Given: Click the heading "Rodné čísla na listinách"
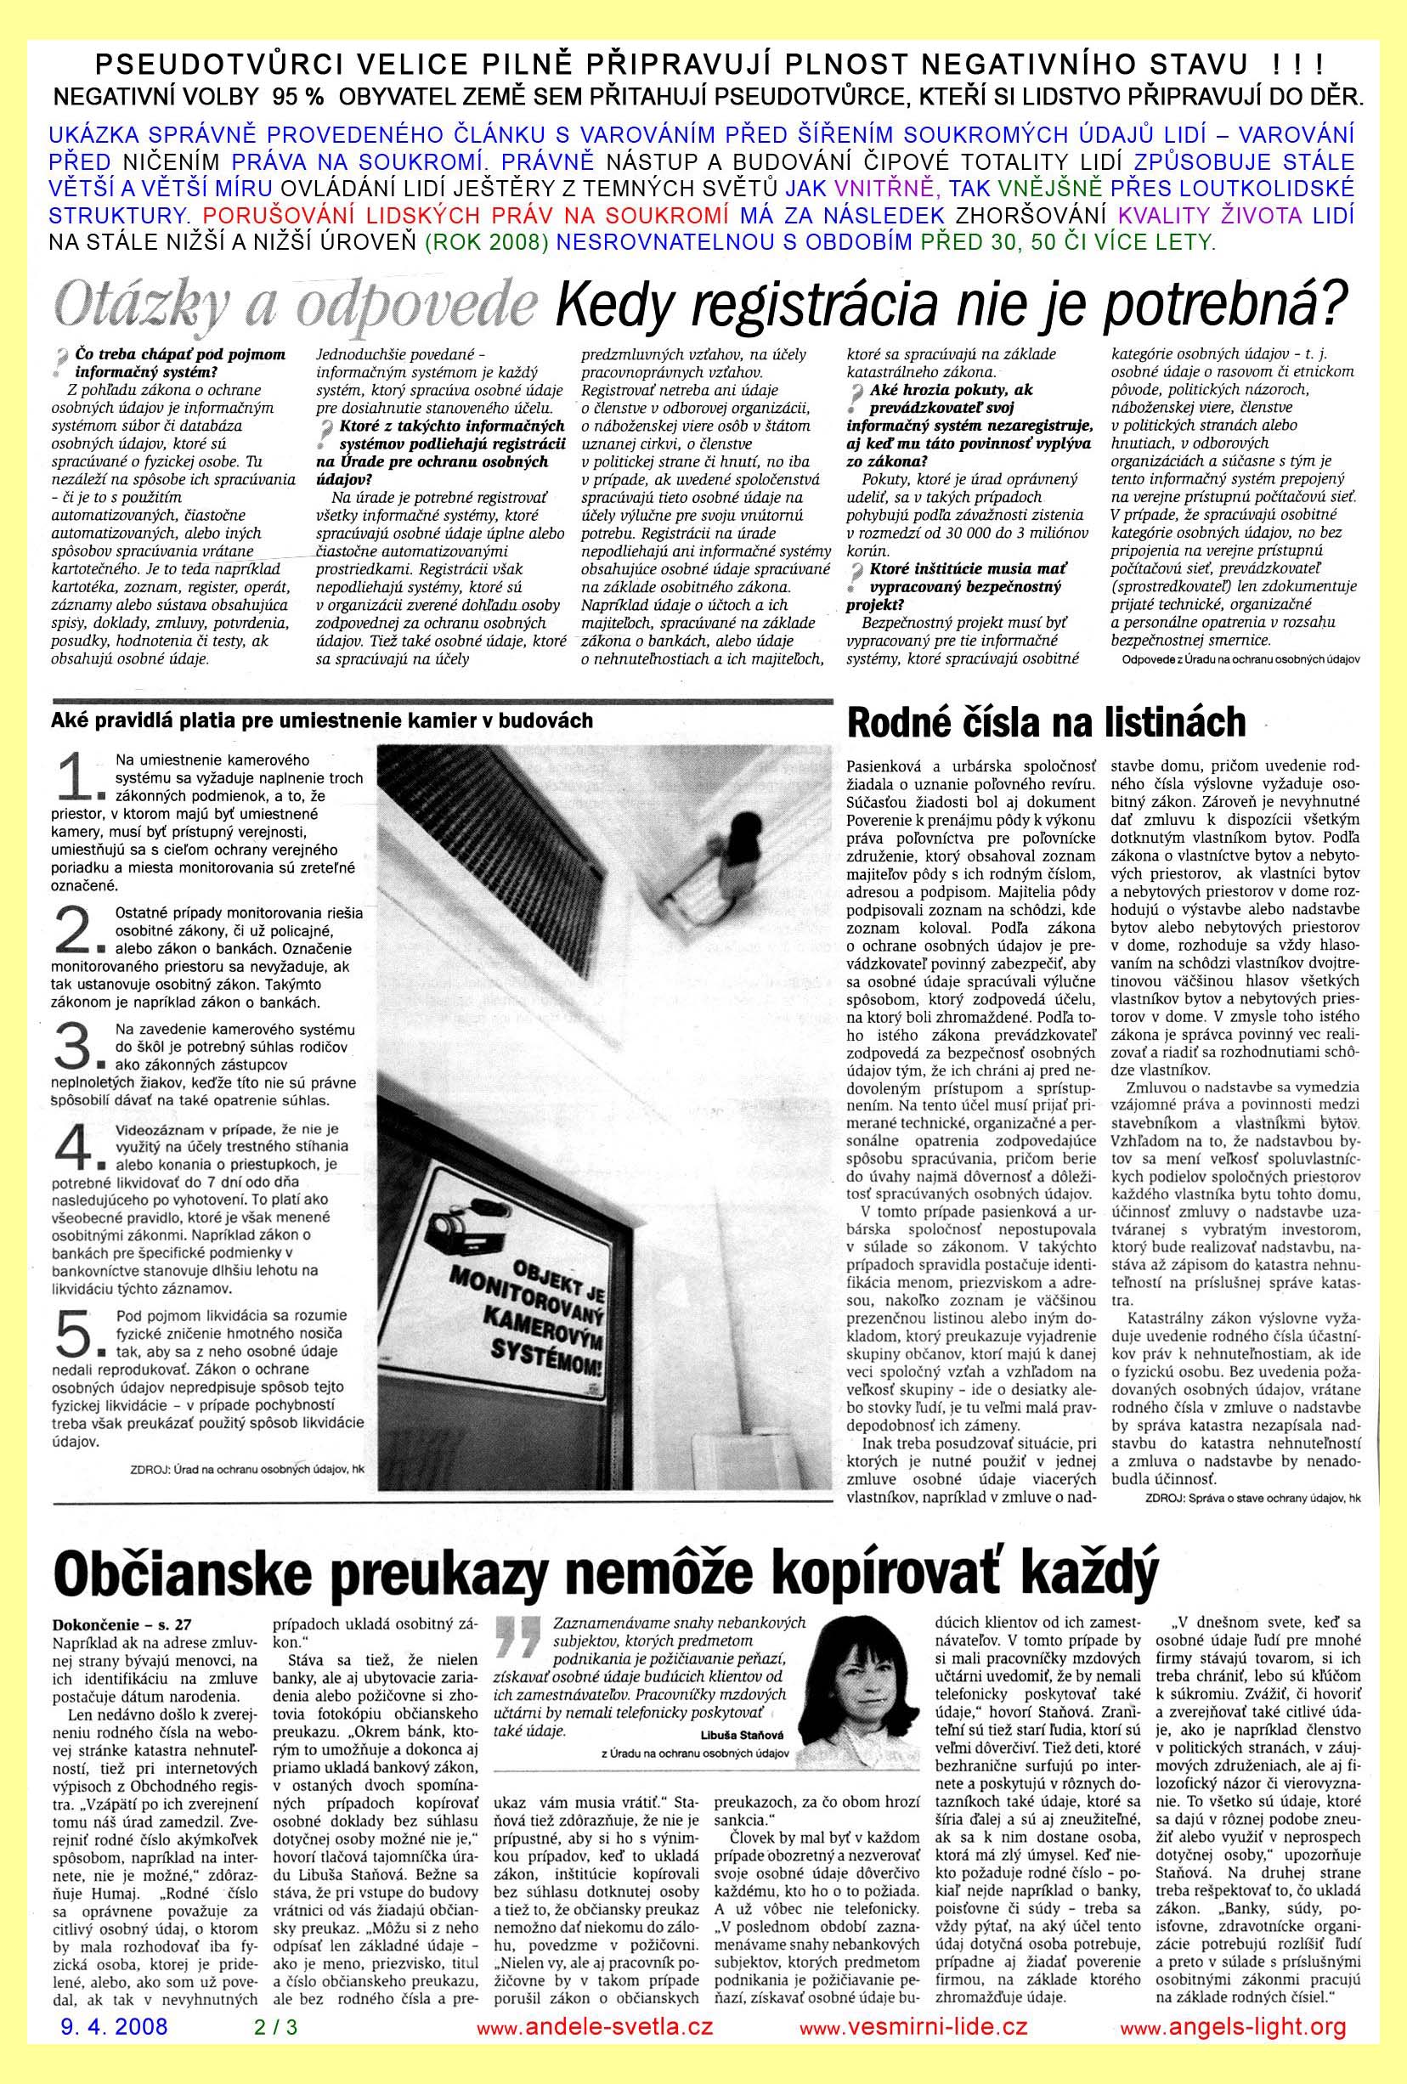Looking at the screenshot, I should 1046,722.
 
